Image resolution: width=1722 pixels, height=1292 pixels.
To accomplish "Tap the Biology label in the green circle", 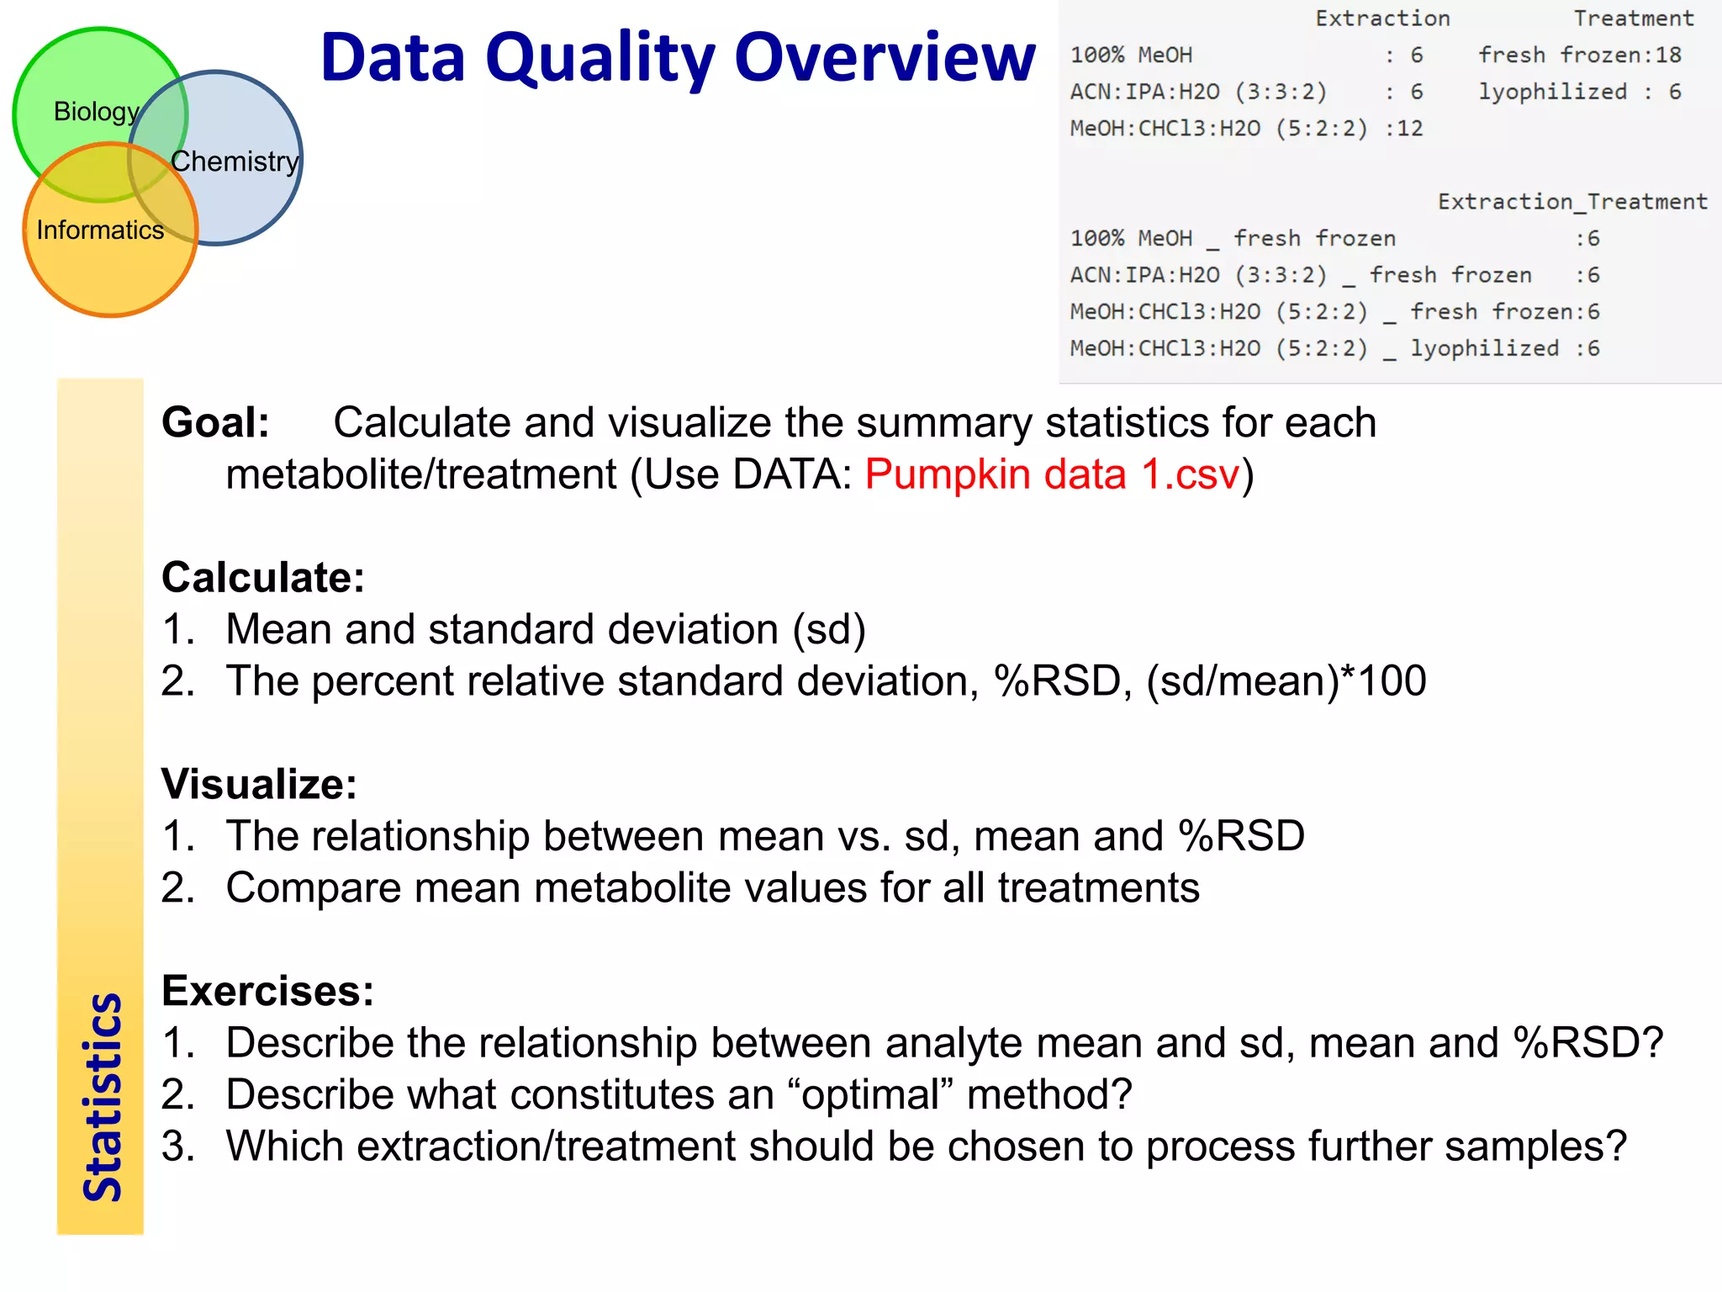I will (x=96, y=111).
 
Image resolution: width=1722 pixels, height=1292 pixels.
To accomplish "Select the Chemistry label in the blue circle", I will (x=235, y=161).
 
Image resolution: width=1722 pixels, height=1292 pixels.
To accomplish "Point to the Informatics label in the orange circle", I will (x=100, y=230).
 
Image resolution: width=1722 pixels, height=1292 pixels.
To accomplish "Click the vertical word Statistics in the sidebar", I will (x=102, y=1097).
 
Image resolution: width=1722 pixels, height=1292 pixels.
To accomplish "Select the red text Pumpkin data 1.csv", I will (x=1053, y=474).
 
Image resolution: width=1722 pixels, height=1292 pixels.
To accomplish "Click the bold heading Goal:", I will (x=215, y=422).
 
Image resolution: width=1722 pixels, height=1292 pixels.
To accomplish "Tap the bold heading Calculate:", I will (x=262, y=577).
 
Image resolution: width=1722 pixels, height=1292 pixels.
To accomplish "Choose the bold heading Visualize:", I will (x=259, y=784).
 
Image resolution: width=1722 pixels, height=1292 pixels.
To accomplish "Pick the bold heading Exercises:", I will (x=267, y=991).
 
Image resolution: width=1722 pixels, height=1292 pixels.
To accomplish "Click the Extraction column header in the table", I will (x=1382, y=19).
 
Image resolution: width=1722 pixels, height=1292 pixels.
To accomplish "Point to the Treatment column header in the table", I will (x=1633, y=19).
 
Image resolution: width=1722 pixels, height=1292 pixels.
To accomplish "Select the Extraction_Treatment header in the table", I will (x=1571, y=202).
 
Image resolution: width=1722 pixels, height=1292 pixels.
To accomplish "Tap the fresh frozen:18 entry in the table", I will (x=1579, y=56).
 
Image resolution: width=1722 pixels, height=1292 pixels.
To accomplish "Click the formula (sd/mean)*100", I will (x=1286, y=680).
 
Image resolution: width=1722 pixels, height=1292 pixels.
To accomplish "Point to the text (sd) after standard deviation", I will (x=829, y=629).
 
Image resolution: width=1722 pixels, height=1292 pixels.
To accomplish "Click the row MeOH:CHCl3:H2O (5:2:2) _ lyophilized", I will (x=1334, y=348).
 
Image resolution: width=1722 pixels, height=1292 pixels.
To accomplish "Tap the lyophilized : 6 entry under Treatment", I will (x=1579, y=92).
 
